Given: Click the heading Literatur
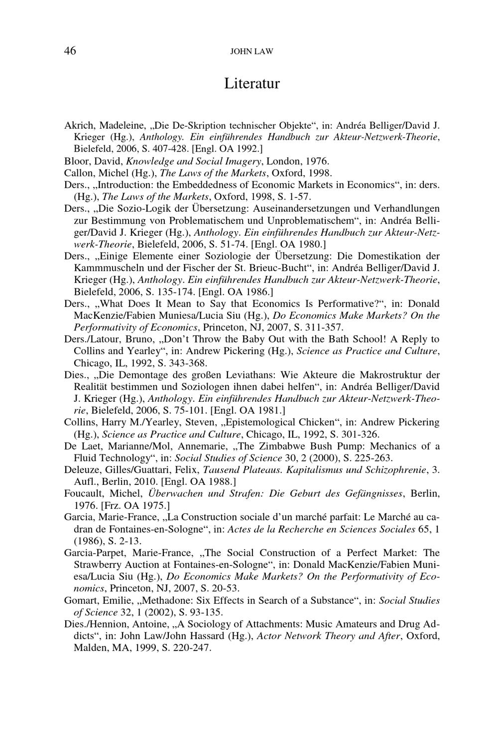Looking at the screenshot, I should (251, 83).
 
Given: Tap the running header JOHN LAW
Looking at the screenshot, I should (251, 52).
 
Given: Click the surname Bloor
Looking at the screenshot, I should (76, 161).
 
